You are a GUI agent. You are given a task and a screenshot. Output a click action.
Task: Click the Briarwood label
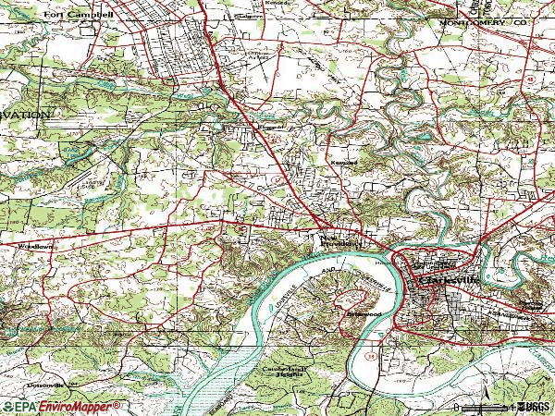pyautogui.click(x=363, y=314)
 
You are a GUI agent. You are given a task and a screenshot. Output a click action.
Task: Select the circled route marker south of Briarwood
pyautogui.click(x=368, y=352)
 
